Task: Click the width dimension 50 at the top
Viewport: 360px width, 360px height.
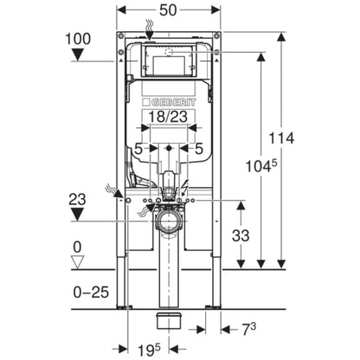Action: click(169, 10)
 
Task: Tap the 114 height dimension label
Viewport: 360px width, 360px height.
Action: click(281, 138)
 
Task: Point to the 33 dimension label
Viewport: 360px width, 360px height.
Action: click(241, 235)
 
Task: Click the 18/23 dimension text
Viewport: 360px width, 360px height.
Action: click(168, 117)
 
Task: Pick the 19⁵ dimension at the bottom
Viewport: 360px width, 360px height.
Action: click(148, 350)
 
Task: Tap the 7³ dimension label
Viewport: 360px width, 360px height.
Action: click(249, 330)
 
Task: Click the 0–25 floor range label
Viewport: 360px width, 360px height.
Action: click(91, 292)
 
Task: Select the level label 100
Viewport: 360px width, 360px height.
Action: click(78, 39)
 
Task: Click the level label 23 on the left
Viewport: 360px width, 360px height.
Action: click(77, 199)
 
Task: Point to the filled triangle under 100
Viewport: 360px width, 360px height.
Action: click(78, 55)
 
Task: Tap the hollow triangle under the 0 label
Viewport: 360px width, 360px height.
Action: click(77, 261)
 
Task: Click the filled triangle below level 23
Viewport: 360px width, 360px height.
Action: click(77, 215)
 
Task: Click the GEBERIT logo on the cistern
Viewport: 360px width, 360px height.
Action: click(169, 102)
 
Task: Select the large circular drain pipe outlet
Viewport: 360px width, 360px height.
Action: click(169, 222)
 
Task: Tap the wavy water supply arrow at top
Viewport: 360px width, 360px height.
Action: click(149, 29)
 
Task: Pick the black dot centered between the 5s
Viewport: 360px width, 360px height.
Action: click(169, 148)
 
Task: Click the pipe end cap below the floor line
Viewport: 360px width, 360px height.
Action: click(169, 321)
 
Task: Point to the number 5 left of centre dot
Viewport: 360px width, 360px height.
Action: click(139, 149)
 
